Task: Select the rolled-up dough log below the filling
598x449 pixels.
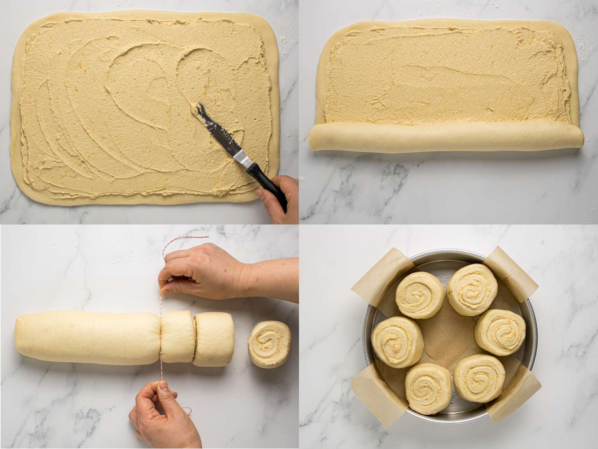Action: pos(443,138)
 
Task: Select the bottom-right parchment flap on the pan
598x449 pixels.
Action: pos(514,391)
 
